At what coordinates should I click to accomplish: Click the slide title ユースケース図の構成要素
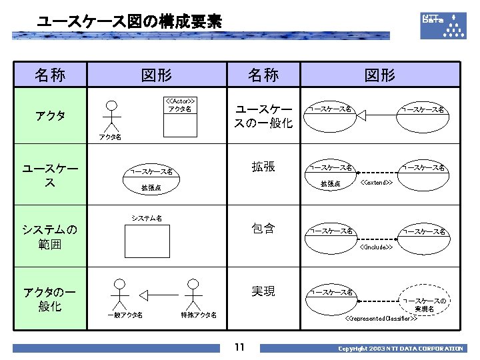coord(129,21)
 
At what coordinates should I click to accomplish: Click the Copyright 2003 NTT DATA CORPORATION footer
coord(400,349)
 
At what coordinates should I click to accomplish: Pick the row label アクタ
coord(51,115)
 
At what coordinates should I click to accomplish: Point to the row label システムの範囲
coord(50,237)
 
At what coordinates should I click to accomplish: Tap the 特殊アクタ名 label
coord(198,315)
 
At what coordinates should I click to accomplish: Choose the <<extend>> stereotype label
coord(376,182)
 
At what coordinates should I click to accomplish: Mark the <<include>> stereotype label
coord(376,247)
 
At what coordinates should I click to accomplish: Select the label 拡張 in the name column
coord(263,167)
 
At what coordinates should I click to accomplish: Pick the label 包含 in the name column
coord(263,229)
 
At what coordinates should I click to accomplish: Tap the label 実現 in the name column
coord(263,291)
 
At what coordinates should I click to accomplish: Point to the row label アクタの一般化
coord(50,299)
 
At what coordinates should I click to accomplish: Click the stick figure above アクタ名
coord(113,116)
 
